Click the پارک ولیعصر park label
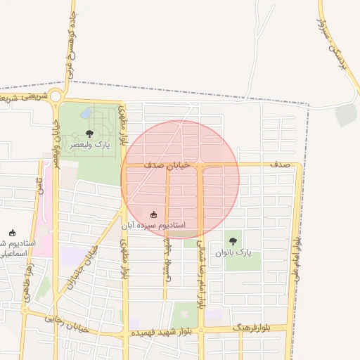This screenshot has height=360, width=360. tap(90, 145)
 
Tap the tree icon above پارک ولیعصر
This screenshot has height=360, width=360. tap(89, 133)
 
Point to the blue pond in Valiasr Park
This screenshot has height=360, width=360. tap(86, 113)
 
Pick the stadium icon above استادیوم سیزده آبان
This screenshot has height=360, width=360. tap(154, 214)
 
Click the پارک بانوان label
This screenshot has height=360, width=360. tap(233, 252)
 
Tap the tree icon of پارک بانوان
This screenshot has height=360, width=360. tap(233, 241)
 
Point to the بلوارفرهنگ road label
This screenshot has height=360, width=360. tap(251, 328)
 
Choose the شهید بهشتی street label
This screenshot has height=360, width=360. tap(167, 260)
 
